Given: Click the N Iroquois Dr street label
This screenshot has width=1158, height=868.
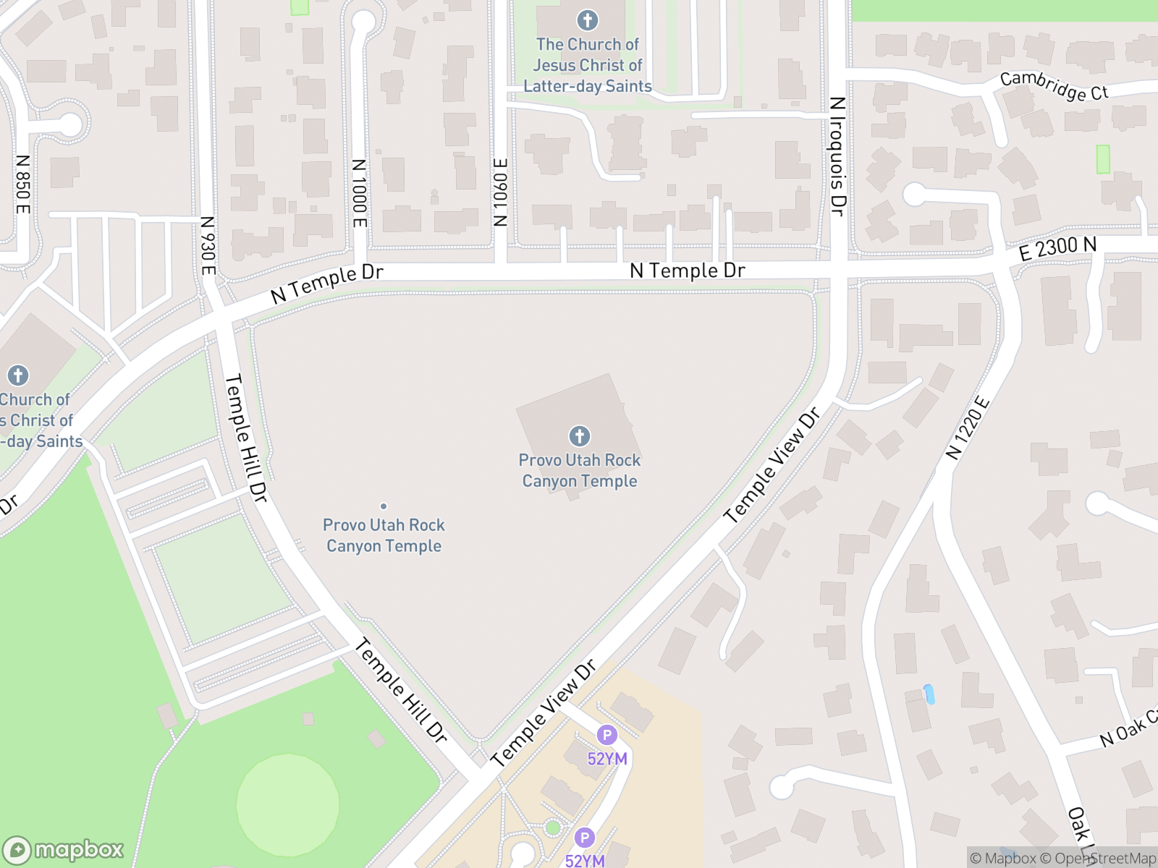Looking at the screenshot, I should click(x=837, y=156).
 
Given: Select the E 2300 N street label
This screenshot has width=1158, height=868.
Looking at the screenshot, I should click(x=1057, y=248).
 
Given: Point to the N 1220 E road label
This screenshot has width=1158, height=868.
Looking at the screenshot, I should click(x=967, y=428).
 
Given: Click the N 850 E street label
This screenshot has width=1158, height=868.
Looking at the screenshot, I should click(x=23, y=184).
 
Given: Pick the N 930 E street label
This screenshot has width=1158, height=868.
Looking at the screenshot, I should click(x=208, y=246).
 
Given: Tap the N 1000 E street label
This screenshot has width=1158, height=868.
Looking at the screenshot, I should click(x=359, y=193).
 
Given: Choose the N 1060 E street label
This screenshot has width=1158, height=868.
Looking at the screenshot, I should click(x=500, y=192).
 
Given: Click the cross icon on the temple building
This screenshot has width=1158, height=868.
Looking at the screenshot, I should click(x=579, y=436).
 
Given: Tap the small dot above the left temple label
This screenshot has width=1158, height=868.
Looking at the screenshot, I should click(x=384, y=506).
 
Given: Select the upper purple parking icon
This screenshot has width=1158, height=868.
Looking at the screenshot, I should click(x=607, y=736).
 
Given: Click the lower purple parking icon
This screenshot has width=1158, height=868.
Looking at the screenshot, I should click(x=584, y=838).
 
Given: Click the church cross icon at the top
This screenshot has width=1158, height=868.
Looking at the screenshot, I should click(x=587, y=20).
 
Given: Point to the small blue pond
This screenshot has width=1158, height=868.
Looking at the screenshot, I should click(x=929, y=694).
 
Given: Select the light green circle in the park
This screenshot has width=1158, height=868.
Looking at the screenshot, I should click(x=287, y=804).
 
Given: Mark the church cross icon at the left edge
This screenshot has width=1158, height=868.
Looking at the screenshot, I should click(x=18, y=375).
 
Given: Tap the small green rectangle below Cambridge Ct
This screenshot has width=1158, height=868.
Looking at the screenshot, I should click(x=1102, y=159).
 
